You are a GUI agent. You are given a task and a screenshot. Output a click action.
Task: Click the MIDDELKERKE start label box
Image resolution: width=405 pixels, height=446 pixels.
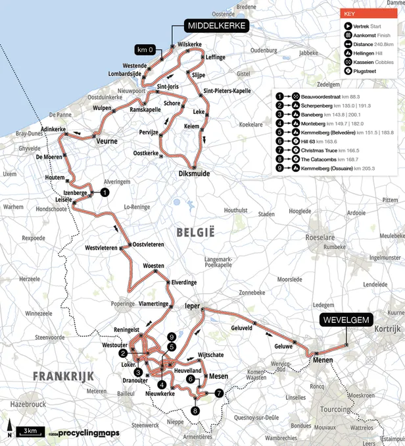(x=216, y=26)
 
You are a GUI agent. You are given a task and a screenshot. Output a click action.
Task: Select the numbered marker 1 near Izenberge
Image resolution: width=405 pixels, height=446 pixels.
(x=105, y=192)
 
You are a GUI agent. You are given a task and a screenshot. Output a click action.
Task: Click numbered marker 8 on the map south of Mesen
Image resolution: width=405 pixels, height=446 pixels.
(x=195, y=410)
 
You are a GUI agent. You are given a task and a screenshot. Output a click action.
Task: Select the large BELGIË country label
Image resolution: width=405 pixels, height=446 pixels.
(x=195, y=232)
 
